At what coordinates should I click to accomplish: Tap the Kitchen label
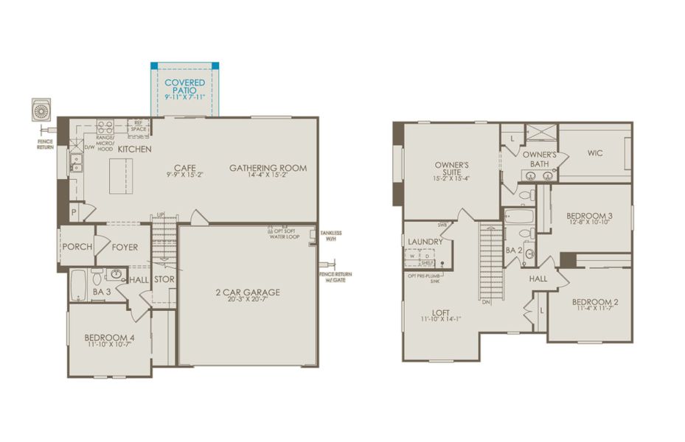pyautogui.click(x=134, y=150)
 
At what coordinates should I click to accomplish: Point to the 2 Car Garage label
pyautogui.click(x=247, y=292)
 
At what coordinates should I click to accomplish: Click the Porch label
pyautogui.click(x=77, y=247)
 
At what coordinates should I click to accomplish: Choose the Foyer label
pyautogui.click(x=125, y=247)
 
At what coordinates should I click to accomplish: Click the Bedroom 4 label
pyautogui.click(x=109, y=338)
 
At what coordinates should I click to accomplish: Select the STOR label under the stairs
pyautogui.click(x=164, y=280)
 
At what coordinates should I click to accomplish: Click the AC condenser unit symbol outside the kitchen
pyautogui.click(x=41, y=110)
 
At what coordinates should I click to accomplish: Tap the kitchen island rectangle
pyautogui.click(x=120, y=178)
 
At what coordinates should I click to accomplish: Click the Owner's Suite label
pyautogui.click(x=452, y=169)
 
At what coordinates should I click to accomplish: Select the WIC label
pyautogui.click(x=596, y=153)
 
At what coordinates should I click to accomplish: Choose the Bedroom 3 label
pyautogui.click(x=589, y=217)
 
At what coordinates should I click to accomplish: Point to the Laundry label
pyautogui.click(x=425, y=242)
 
